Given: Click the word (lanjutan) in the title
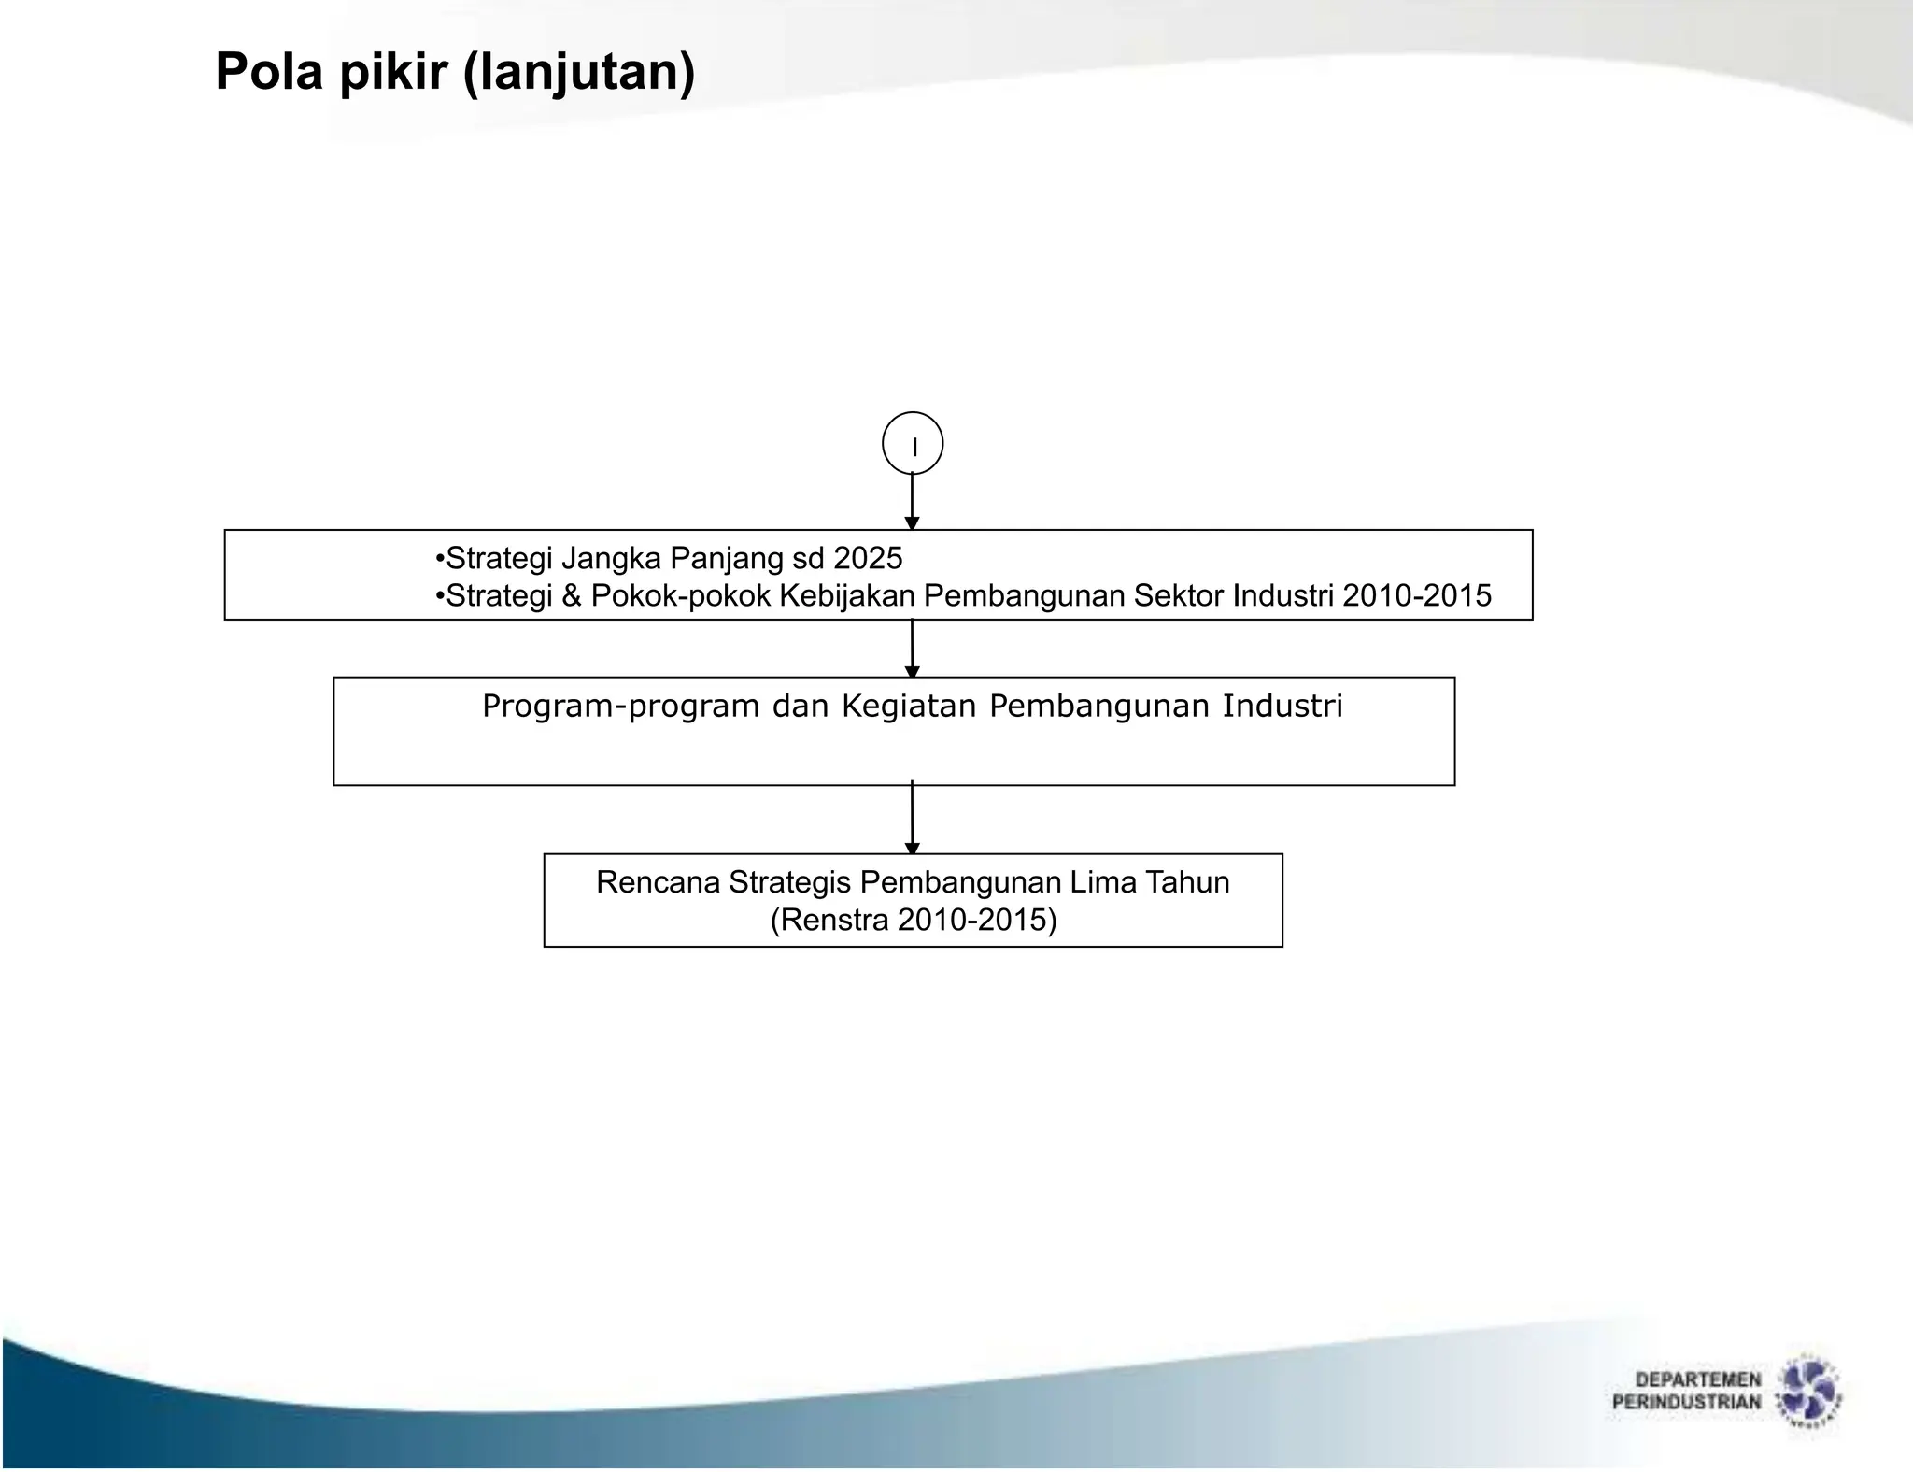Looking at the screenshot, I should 579,73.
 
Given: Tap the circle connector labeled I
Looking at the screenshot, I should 913,444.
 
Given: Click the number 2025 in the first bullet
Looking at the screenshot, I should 868,558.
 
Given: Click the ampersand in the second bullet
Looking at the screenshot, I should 571,595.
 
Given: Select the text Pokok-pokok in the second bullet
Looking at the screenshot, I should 680,595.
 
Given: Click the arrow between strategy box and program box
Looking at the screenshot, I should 913,648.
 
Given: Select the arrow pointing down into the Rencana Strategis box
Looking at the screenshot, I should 913,818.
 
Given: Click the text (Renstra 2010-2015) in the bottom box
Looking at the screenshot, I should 913,920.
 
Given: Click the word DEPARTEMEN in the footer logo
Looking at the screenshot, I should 1697,1379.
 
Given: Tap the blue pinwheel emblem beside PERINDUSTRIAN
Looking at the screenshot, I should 1807,1393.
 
